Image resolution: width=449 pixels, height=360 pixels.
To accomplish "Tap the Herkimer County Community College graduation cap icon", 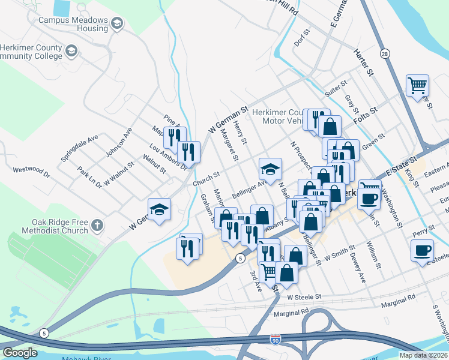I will [x=71, y=50].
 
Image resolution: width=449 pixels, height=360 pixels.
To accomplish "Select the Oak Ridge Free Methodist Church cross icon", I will [x=97, y=226].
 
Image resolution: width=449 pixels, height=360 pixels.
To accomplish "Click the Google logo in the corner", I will [x=20, y=352].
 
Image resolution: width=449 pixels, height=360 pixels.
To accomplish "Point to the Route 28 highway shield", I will [x=385, y=53].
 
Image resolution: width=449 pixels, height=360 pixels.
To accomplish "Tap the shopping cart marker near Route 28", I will [x=417, y=85].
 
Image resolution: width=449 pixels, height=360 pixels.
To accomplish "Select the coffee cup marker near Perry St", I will [x=421, y=250].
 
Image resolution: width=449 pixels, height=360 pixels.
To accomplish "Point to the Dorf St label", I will [x=301, y=38].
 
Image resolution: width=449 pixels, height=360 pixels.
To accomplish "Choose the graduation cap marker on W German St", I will [x=159, y=209].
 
